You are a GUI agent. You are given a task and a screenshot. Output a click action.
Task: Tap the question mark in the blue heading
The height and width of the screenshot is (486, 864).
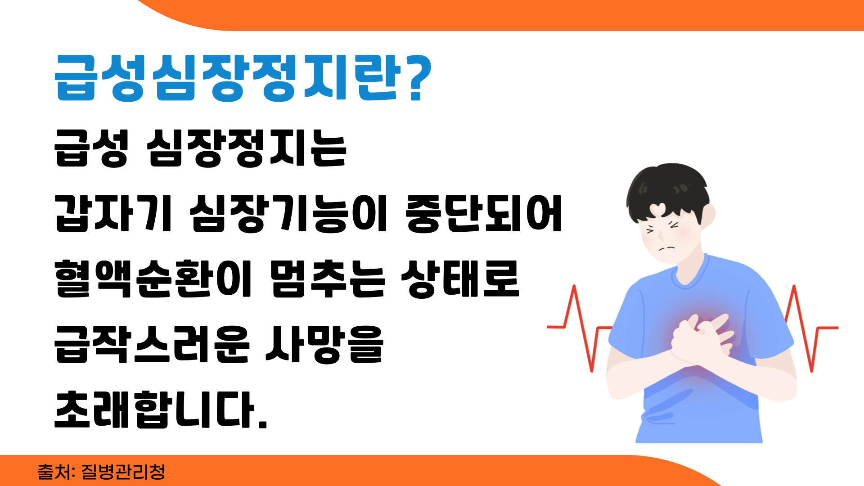pyautogui.click(x=415, y=78)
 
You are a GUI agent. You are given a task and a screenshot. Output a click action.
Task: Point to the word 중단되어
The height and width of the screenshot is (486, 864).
pyautogui.click(x=484, y=214)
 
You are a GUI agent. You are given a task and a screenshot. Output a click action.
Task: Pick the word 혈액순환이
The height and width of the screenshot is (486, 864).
pyautogui.click(x=153, y=279)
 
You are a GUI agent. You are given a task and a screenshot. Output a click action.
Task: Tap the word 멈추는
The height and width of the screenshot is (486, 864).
pyautogui.click(x=328, y=279)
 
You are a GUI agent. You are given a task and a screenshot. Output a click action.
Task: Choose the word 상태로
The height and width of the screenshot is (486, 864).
pyautogui.click(x=460, y=279)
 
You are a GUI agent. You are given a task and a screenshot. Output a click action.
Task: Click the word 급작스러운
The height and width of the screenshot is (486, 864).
pyautogui.click(x=152, y=344)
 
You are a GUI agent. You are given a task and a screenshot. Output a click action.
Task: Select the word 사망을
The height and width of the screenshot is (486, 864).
pyautogui.click(x=324, y=344)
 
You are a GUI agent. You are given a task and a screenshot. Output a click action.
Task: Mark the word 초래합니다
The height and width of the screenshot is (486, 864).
pyautogui.click(x=161, y=409)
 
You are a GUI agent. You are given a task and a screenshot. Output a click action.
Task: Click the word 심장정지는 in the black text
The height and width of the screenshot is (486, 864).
pyautogui.click(x=247, y=148)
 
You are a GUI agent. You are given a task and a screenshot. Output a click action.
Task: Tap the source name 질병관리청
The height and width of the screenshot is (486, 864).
pyautogui.click(x=123, y=472)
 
